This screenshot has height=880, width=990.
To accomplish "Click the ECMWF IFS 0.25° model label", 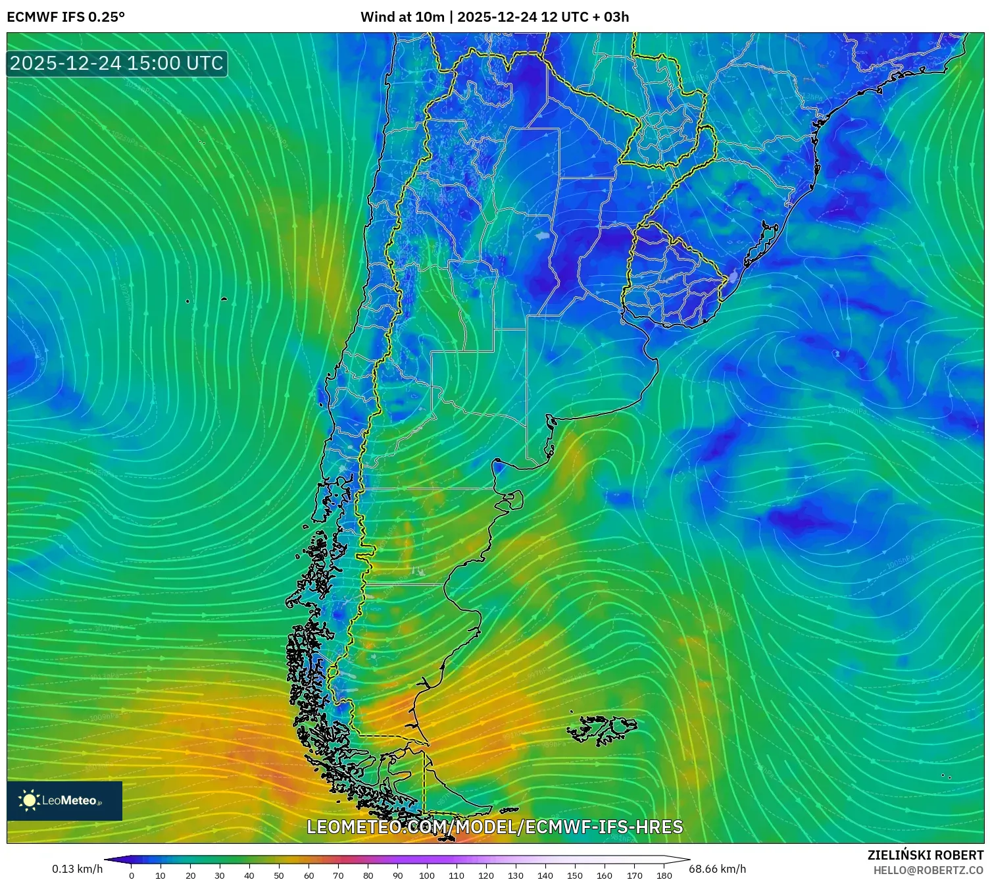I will (66, 17).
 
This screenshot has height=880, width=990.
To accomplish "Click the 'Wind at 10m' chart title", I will (402, 17).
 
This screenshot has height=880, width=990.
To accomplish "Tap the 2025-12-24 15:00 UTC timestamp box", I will (116, 63).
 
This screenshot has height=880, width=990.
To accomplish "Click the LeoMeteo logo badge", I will (64, 800).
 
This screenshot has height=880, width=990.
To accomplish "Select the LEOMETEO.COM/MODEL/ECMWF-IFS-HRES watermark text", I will (495, 827).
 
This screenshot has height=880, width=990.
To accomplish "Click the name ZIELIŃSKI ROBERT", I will (925, 855).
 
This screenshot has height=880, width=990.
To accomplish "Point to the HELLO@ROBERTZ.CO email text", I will (928, 870).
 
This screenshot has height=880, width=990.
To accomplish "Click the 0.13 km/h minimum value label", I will (78, 869).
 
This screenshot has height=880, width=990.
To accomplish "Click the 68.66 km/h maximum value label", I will (717, 869).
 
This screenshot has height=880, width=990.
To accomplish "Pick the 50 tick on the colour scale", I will (279, 875).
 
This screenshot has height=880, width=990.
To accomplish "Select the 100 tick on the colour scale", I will (427, 875).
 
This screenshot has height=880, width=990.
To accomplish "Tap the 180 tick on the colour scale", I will (664, 875).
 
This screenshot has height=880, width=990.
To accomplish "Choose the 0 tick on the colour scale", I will (132, 875).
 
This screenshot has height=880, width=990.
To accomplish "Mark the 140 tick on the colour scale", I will (545, 875).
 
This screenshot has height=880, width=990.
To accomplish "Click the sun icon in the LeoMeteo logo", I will (29, 800).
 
